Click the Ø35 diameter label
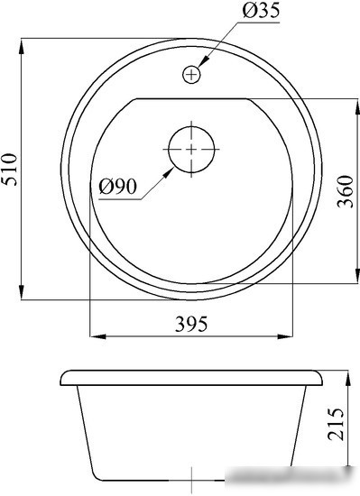click(261, 10)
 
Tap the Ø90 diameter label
click(117, 187)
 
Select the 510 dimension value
click(9, 170)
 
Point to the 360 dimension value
click(345, 191)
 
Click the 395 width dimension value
click(191, 324)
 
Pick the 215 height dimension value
click(336, 424)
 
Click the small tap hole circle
click(191, 75)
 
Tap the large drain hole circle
click(191, 150)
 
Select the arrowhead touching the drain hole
click(168, 173)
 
